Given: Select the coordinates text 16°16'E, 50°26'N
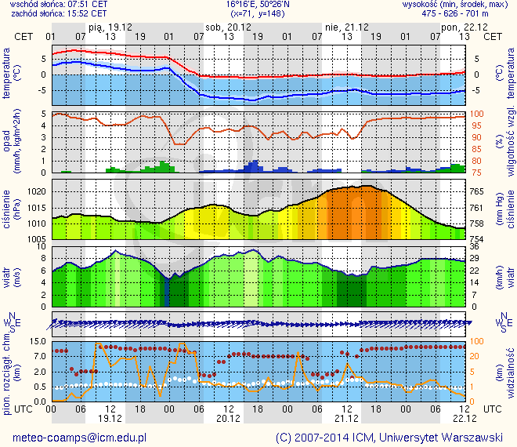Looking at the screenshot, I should tap(258, 4).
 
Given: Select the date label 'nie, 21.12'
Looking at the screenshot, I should tap(342, 27).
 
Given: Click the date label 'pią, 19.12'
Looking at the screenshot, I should tap(108, 27).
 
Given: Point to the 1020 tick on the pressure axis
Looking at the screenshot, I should tap(37, 191).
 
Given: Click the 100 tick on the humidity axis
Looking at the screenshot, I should tap(477, 114).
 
